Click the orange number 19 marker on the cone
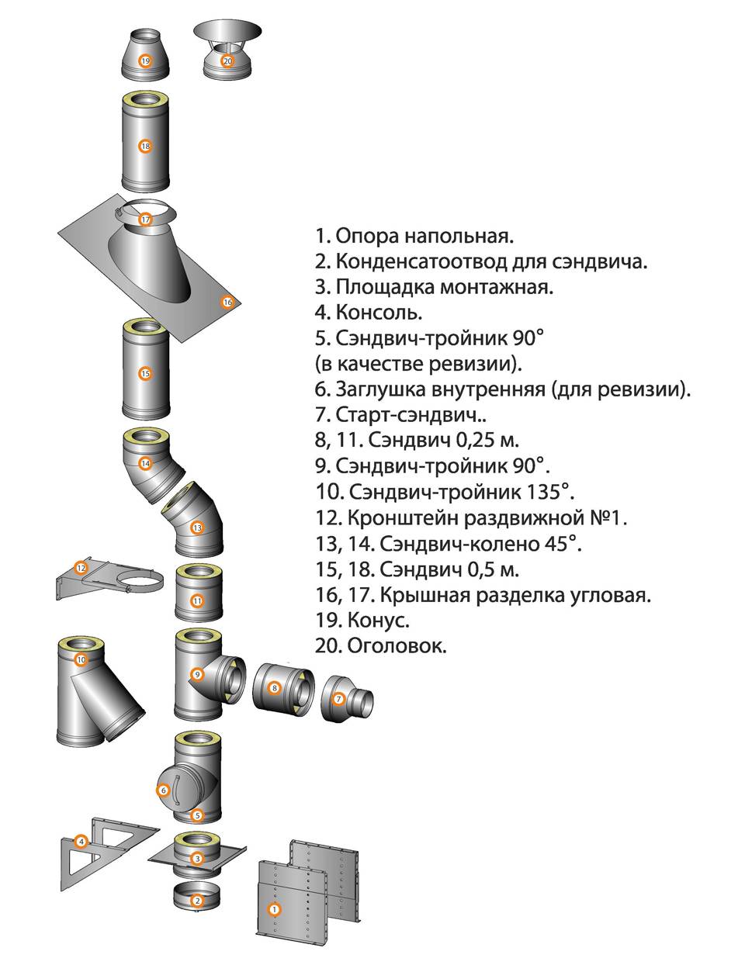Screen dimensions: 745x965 coord(145,61)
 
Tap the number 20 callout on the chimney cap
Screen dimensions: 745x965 coord(227,61)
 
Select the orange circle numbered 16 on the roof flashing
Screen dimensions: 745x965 coord(227,302)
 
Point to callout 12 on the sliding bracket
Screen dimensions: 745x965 coord(81,568)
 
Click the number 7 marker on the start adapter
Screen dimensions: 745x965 coord(338,699)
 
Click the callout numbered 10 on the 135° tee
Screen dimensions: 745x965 coord(81,659)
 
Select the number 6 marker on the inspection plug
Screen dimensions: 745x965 coord(164,790)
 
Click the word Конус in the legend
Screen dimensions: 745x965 coord(378,621)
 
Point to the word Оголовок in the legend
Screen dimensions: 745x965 coord(397,646)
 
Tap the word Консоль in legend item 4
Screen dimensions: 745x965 coord(379,312)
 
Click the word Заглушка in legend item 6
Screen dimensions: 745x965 coord(382,390)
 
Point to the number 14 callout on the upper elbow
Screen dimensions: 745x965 coord(145,464)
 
